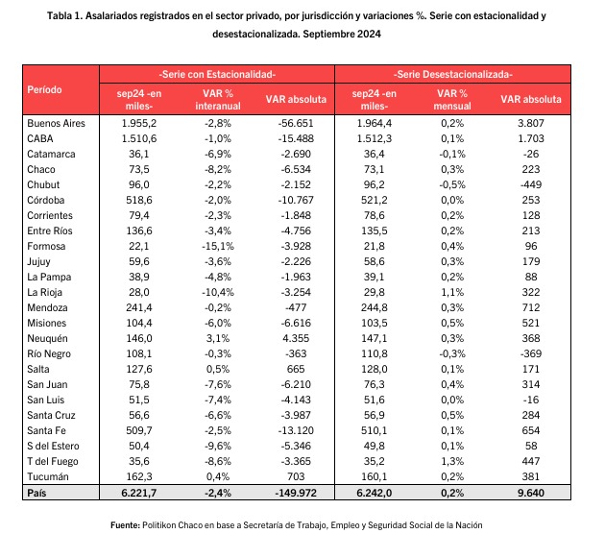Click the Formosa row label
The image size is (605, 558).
(x=46, y=246)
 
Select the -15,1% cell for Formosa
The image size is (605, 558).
(x=218, y=246)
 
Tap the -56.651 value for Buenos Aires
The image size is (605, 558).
(x=296, y=123)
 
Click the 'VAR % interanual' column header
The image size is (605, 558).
(x=218, y=100)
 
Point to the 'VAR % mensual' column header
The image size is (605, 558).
(x=452, y=100)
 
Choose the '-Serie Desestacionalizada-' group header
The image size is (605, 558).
(x=453, y=74)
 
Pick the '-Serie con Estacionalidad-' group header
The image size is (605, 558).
(x=217, y=74)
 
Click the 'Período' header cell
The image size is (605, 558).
(x=44, y=89)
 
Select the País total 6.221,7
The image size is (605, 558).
(x=139, y=493)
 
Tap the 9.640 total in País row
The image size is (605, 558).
(x=531, y=493)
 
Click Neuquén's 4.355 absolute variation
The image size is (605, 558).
(x=296, y=338)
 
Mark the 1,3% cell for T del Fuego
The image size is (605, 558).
(x=452, y=461)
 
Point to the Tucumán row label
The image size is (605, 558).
(x=48, y=476)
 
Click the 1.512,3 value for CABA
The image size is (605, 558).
(x=375, y=138)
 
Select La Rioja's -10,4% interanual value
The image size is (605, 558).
(x=218, y=292)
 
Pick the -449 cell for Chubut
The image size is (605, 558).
(x=531, y=184)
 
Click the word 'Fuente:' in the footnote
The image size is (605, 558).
(x=125, y=525)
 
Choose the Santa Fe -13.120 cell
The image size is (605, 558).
(x=296, y=430)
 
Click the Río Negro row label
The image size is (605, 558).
(x=49, y=353)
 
